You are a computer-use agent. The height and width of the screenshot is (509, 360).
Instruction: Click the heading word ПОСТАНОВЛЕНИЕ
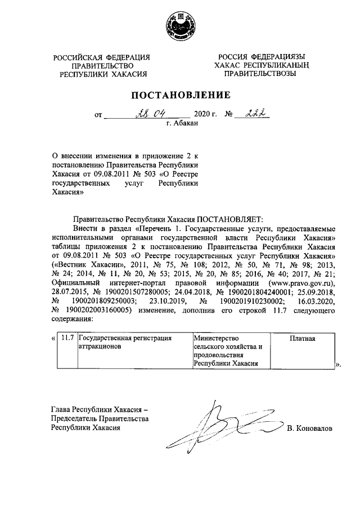click(x=179, y=94)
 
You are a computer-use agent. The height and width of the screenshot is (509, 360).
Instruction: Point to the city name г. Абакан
click(x=183, y=124)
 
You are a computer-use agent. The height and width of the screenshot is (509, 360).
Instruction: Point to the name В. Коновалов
click(x=309, y=429)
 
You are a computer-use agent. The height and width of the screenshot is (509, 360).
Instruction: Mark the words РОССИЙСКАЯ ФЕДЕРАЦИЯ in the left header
click(x=102, y=57)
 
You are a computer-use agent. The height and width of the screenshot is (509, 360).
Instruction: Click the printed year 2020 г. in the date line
click(x=205, y=115)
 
